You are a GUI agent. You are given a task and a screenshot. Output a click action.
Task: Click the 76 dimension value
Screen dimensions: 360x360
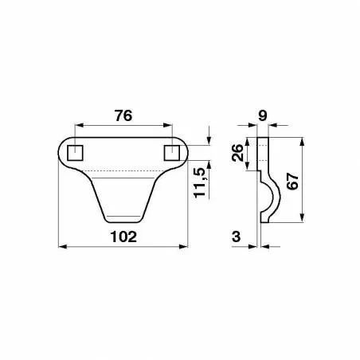123,115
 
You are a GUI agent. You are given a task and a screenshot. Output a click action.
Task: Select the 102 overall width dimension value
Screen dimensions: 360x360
123,237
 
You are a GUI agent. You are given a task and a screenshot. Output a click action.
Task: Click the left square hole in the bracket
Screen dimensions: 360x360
76,151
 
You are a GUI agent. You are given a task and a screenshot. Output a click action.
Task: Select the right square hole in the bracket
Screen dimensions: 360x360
171,151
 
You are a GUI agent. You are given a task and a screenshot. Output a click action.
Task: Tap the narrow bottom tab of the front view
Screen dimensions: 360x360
123,216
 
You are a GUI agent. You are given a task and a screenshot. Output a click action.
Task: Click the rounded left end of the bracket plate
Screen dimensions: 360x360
63,151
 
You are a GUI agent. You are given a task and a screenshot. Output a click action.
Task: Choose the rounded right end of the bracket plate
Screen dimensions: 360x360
184,151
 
